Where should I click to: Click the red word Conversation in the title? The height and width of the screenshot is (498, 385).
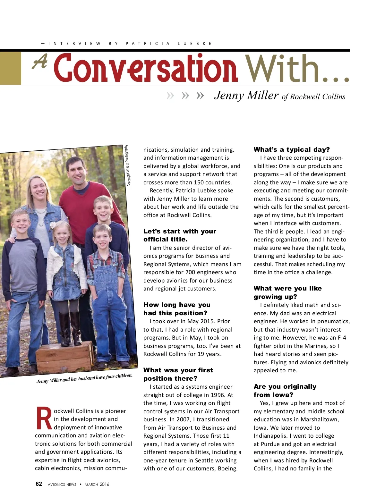(146, 68)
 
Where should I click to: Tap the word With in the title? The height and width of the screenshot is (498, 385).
(282, 68)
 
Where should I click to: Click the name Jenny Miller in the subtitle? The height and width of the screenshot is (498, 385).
(246, 95)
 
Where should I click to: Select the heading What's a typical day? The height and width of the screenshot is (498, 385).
(292, 149)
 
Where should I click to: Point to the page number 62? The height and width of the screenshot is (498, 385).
(39, 484)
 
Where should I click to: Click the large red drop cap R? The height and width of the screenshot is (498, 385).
(44, 418)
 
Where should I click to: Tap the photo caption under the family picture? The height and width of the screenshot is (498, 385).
(84, 378)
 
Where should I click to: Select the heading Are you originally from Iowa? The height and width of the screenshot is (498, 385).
(285, 391)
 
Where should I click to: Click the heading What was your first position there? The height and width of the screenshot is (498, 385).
(178, 374)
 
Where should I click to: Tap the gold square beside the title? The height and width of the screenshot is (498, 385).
(11, 68)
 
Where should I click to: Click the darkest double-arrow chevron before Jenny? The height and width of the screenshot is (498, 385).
(200, 96)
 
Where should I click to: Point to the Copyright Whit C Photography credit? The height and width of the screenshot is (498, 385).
(128, 165)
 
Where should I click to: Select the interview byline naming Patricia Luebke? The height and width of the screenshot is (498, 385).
(127, 44)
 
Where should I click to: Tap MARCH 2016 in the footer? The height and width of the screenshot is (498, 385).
(97, 484)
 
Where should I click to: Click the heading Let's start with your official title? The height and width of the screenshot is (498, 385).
(180, 235)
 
